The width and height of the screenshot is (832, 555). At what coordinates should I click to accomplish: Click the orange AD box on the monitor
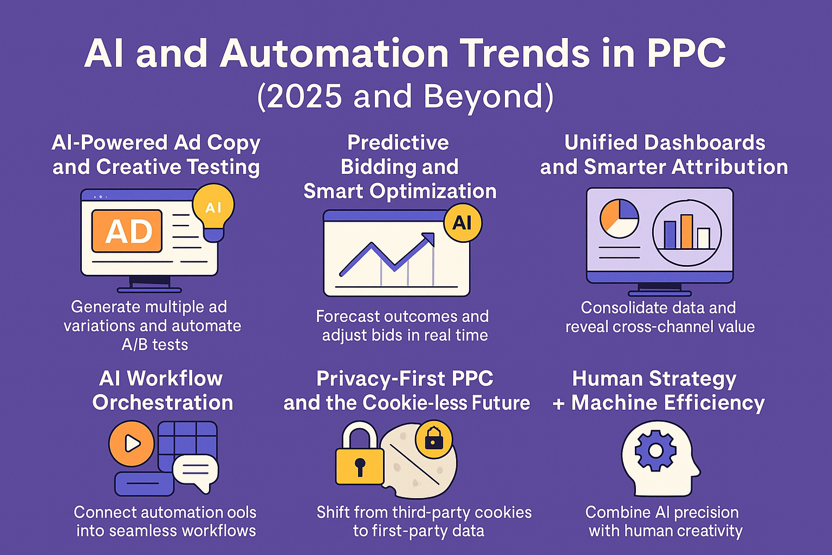pyautogui.click(x=127, y=231)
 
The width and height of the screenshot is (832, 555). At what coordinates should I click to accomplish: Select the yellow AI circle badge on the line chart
pyautogui.click(x=463, y=223)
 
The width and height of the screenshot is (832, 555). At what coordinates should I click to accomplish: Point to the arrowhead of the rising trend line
pyautogui.click(x=428, y=238)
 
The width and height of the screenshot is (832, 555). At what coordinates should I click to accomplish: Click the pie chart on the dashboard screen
pyautogui.click(x=619, y=218)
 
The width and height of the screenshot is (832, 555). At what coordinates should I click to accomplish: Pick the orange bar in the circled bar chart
pyautogui.click(x=686, y=231)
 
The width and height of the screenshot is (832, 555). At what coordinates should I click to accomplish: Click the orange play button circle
pyautogui.click(x=132, y=443)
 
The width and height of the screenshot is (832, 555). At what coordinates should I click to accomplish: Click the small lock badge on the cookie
pyautogui.click(x=434, y=439)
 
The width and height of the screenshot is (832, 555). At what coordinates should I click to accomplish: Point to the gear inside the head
pyautogui.click(x=655, y=450)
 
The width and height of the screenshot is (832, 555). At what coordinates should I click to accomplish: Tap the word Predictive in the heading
pyautogui.click(x=398, y=143)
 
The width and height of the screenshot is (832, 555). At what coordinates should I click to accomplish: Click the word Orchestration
pyautogui.click(x=162, y=403)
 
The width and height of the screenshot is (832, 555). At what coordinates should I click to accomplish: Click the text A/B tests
pyautogui.click(x=155, y=345)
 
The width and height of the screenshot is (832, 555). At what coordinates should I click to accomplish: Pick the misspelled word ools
pyautogui.click(x=241, y=512)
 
